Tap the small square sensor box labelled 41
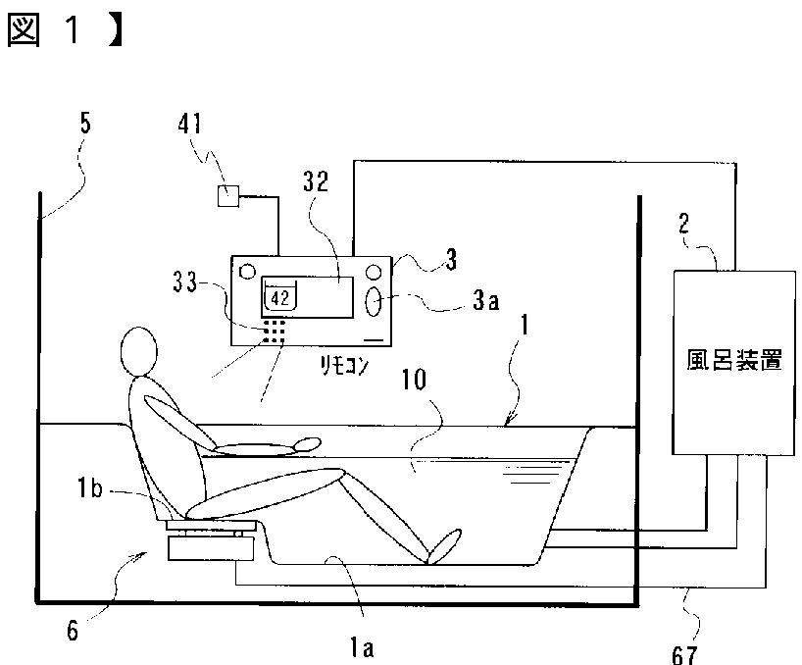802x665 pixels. click(x=228, y=196)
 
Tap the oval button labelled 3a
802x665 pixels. click(x=375, y=302)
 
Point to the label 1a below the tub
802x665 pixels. click(x=350, y=647)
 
